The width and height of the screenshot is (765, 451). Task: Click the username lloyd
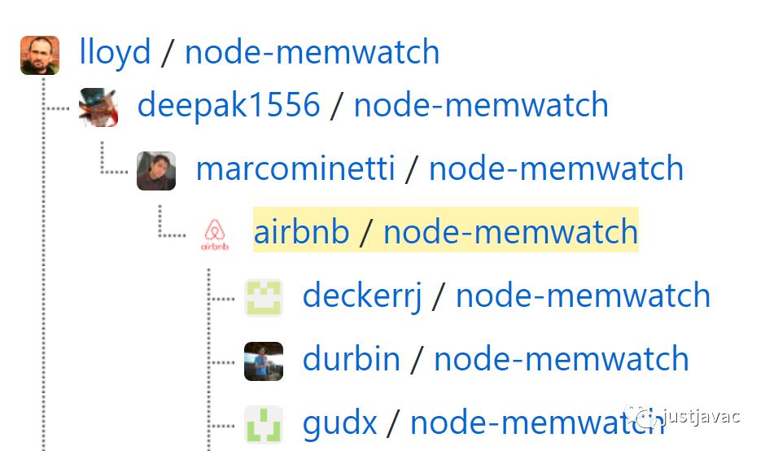[x=115, y=53]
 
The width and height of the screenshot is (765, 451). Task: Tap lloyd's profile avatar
[x=40, y=55]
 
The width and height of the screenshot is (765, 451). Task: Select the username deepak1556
[x=228, y=105]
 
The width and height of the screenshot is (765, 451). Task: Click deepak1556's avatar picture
[x=98, y=107]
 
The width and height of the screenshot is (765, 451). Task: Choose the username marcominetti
[x=295, y=169]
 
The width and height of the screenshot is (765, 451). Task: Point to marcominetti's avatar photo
[x=156, y=171]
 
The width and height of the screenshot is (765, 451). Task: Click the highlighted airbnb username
[x=301, y=232]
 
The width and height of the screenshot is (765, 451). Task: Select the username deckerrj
[x=362, y=296]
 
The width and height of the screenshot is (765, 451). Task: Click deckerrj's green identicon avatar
[x=264, y=297]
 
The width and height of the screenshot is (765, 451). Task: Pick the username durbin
[x=351, y=359]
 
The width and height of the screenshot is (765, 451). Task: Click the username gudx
[x=339, y=423]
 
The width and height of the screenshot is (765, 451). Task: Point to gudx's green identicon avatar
[x=264, y=424]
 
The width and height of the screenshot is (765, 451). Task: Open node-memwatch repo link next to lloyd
[x=312, y=53]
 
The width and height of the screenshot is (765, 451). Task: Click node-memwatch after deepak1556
[x=481, y=105]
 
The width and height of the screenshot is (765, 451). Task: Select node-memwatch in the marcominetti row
[x=556, y=169]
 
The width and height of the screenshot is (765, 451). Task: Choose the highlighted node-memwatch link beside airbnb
[x=510, y=232]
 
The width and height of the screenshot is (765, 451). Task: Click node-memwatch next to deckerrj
[x=583, y=296]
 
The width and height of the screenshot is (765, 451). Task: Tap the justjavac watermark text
[x=701, y=417]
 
